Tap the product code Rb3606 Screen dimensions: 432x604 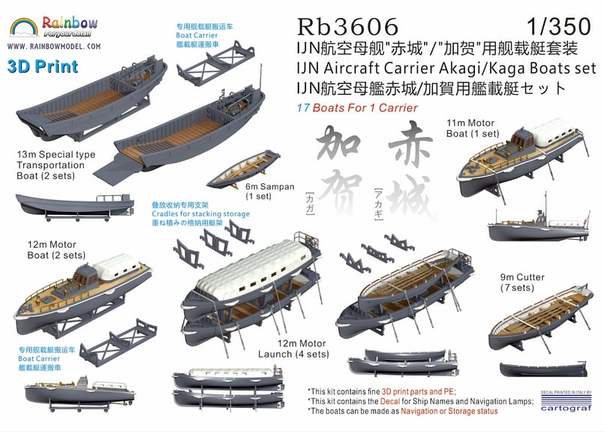[348, 26]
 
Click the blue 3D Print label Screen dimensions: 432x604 [43, 66]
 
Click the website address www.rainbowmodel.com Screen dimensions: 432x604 [54, 46]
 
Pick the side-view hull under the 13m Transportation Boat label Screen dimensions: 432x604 [64, 203]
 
